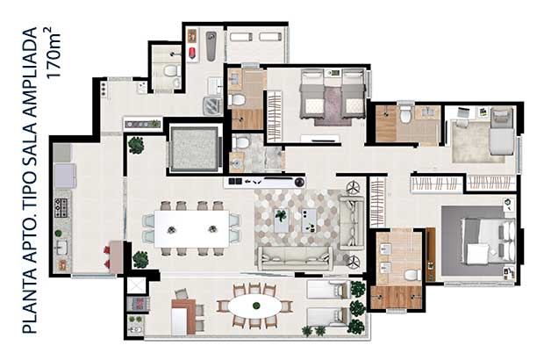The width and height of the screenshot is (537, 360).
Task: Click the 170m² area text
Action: (x=53, y=53)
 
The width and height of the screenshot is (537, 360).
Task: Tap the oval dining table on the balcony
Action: (x=254, y=306)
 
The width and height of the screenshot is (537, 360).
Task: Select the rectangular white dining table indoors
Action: (x=192, y=228)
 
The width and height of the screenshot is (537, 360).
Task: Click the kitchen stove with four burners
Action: (x=61, y=208)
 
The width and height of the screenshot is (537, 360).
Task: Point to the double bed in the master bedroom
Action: (x=488, y=241)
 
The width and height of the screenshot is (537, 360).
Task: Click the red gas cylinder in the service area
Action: (x=192, y=53)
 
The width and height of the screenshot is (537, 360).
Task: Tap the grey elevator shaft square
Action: (x=194, y=148)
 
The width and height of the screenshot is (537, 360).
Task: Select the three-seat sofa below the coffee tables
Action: (x=295, y=258)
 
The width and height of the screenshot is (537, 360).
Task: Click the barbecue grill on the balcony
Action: (x=138, y=304)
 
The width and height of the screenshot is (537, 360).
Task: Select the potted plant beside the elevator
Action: (x=136, y=146)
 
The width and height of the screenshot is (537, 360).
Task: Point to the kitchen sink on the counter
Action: (x=62, y=248)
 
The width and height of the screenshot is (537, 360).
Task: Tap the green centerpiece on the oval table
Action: (x=255, y=306)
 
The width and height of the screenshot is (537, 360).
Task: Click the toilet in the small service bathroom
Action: (x=170, y=71)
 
